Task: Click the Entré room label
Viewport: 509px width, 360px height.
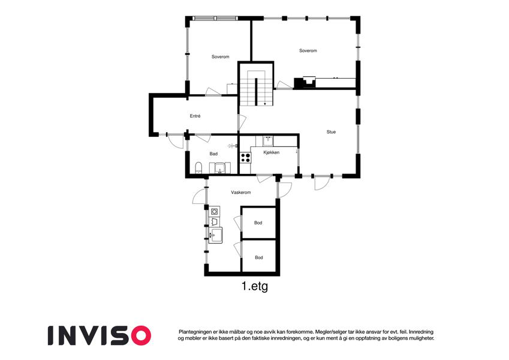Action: tap(195, 116)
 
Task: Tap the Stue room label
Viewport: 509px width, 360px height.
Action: tap(331, 132)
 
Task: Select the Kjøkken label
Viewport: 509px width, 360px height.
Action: tap(272, 152)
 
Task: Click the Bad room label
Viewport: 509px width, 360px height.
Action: tap(213, 154)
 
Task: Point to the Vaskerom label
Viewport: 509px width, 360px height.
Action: tap(241, 193)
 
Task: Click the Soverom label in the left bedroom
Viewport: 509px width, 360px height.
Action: tap(221, 56)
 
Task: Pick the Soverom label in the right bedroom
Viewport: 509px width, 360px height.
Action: tap(308, 50)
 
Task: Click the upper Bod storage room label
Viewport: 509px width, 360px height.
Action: tap(258, 223)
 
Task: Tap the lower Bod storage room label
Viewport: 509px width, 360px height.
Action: tap(259, 257)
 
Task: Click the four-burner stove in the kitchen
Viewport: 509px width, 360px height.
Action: tap(245, 158)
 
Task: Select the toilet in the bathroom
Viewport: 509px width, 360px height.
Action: tap(198, 167)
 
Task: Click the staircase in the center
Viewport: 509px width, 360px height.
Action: tap(256, 88)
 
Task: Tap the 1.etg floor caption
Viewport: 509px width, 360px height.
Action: tap(255, 286)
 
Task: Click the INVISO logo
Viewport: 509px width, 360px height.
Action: tap(100, 335)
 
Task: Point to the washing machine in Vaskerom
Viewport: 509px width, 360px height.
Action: tap(214, 212)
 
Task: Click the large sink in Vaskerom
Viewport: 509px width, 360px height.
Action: tap(215, 235)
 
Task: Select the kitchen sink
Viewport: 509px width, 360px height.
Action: tap(268, 140)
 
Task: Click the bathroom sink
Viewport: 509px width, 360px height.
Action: tap(220, 169)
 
